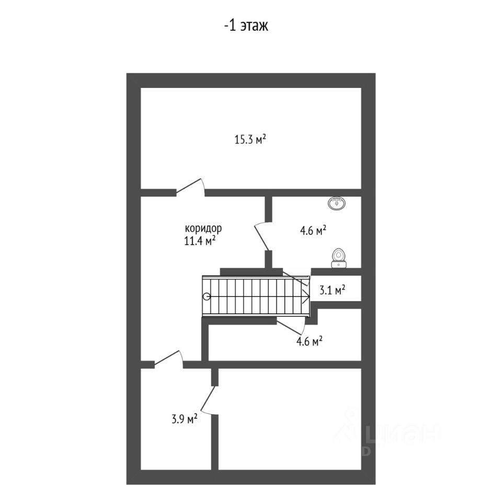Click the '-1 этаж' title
(x=246, y=26)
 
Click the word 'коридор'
(x=203, y=229)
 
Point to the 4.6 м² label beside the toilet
(x=313, y=230)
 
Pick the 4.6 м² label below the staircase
(x=309, y=342)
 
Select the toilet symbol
(x=339, y=257)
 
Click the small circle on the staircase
(x=207, y=296)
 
